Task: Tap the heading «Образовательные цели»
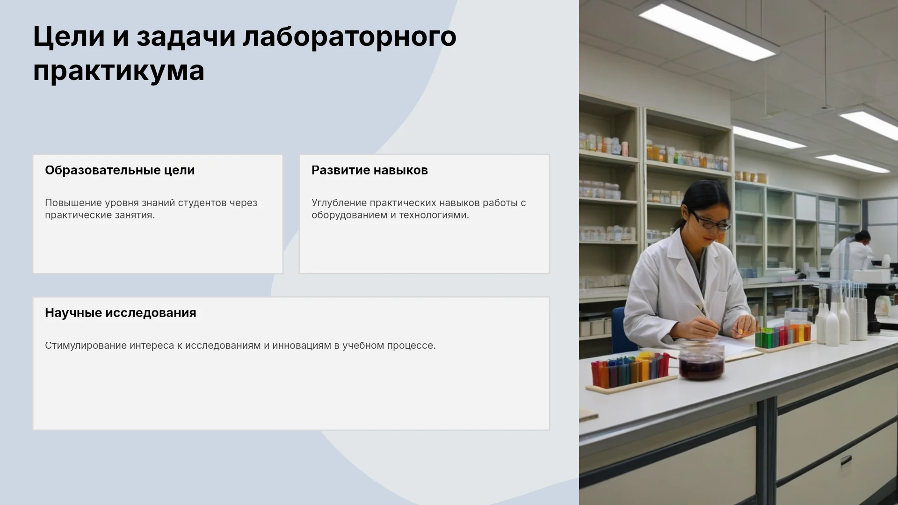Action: [x=120, y=170]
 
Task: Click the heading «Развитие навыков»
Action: [x=369, y=170]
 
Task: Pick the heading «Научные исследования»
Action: [x=121, y=313]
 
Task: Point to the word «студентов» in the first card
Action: [x=203, y=203]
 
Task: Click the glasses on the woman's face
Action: [x=709, y=221]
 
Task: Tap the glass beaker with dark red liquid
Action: [x=701, y=361]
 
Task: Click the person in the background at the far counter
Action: [x=852, y=252]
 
